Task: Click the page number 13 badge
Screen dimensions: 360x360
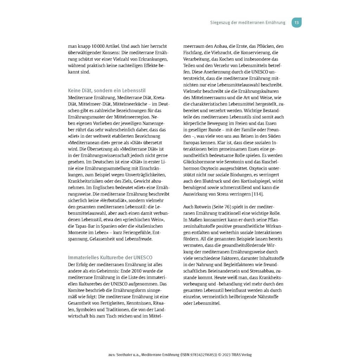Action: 296,22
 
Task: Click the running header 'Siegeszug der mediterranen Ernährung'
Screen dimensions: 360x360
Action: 248,22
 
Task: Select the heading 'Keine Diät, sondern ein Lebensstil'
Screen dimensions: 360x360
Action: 107,91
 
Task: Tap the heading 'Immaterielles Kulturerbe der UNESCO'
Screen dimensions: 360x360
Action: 110,258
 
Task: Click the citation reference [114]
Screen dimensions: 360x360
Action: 257,194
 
